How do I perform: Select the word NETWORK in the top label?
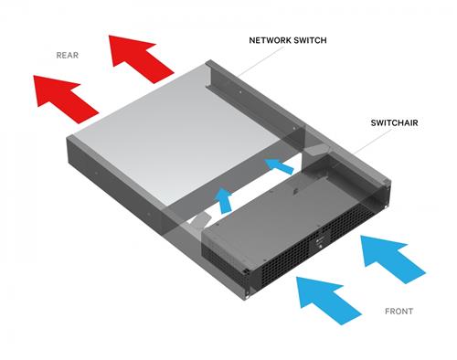(273, 41)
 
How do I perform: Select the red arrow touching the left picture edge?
(64, 94)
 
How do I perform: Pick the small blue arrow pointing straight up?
(222, 198)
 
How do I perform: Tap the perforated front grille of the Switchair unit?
(274, 256)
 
